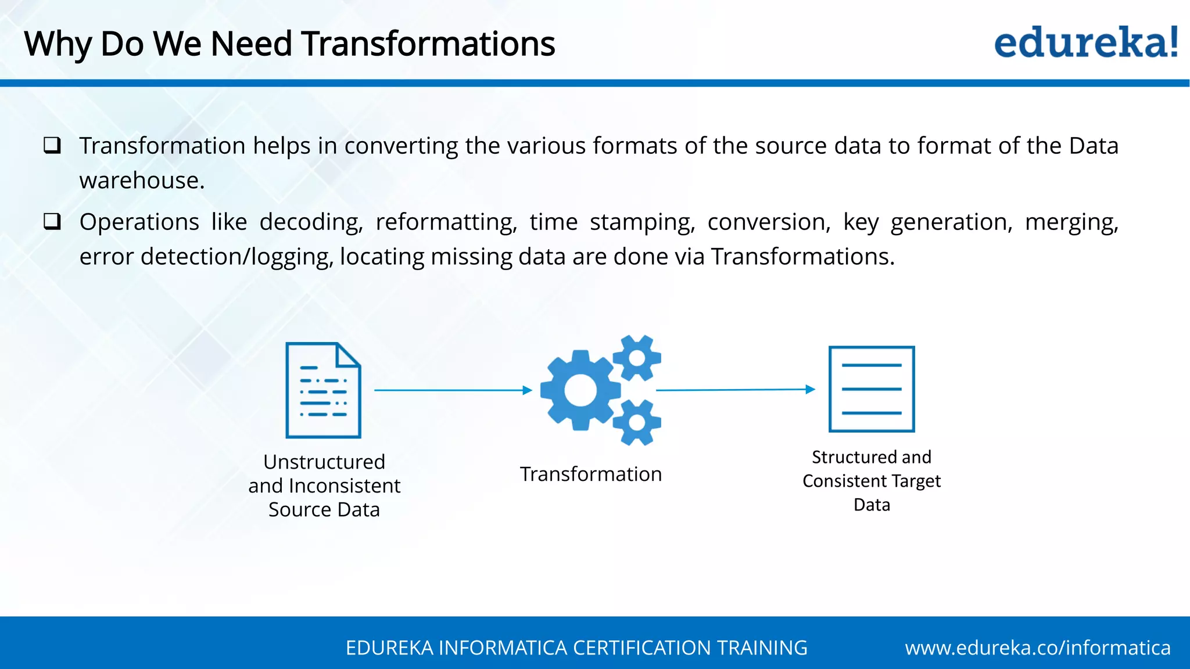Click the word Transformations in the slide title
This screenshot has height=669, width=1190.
(x=428, y=44)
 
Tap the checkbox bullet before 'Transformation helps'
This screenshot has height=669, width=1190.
(x=52, y=145)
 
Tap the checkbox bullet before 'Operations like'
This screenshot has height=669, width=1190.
(x=52, y=221)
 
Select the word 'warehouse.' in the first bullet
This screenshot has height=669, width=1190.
(x=142, y=181)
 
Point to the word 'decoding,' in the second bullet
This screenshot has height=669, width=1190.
(x=311, y=222)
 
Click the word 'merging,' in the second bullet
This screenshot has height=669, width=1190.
(x=1071, y=222)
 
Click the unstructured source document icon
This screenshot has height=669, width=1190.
(x=323, y=390)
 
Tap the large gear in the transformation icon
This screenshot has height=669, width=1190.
(x=580, y=390)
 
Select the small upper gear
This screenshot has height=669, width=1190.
(x=637, y=358)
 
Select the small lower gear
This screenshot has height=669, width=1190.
(x=637, y=422)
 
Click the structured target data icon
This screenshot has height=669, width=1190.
(x=871, y=389)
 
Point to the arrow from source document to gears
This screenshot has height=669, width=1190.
(x=453, y=390)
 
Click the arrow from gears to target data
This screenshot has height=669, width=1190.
(x=735, y=390)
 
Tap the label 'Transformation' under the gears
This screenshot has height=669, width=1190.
(x=590, y=474)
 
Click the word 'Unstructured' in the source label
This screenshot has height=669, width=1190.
(x=324, y=462)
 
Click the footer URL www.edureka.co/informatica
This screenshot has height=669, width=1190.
(x=1037, y=648)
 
